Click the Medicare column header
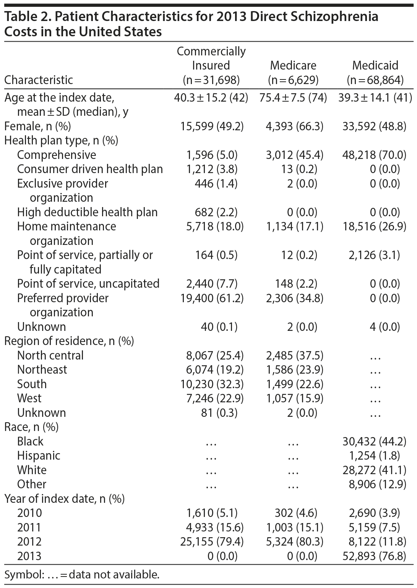tap(293, 65)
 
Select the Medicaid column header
tap(375, 65)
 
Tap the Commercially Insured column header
tap(211, 65)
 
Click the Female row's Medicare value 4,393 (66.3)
tap(294, 126)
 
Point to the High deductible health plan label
tap(87, 212)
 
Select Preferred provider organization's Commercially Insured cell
tap(212, 298)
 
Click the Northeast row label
tap(42, 369)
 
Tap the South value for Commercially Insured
tap(212, 384)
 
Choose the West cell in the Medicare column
tap(294, 398)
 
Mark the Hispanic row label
tap(39, 455)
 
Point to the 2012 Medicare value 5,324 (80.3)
tap(294, 541)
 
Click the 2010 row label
tap(29, 513)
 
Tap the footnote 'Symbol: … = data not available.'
tap(81, 574)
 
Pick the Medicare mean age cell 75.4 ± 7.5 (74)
tap(293, 98)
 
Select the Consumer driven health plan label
tap(90, 169)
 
